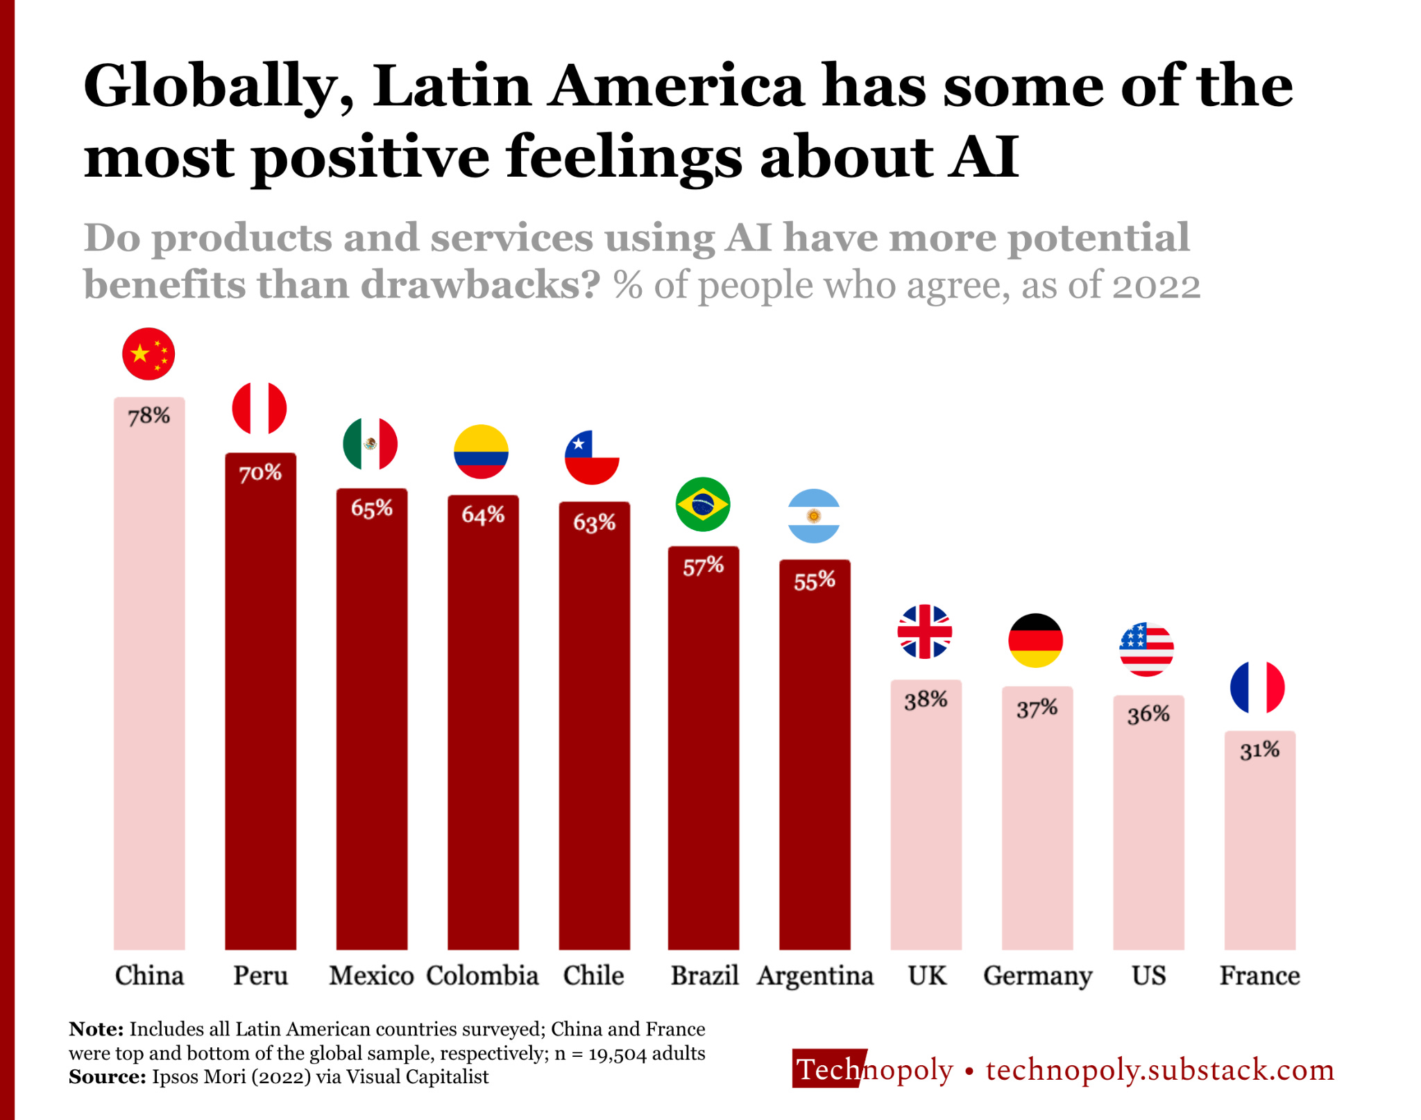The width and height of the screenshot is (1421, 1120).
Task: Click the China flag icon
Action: [x=148, y=354]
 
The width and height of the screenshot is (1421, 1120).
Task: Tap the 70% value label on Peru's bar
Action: [x=260, y=474]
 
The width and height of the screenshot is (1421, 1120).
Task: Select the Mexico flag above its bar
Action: [x=371, y=444]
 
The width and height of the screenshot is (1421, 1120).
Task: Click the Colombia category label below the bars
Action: [x=482, y=976]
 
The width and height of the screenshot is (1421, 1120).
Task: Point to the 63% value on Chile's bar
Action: [x=594, y=522]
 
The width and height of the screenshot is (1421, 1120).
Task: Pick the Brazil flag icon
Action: [x=703, y=504]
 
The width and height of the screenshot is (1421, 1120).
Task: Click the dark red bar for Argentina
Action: [x=815, y=763]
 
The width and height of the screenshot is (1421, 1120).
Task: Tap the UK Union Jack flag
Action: [x=925, y=632]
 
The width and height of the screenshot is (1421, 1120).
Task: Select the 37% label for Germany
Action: [x=1037, y=709]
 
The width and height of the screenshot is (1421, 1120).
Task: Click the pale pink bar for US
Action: [x=1148, y=832]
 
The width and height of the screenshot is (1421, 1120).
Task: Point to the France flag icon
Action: [x=1257, y=687]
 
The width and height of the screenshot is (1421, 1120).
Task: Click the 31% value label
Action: [x=1259, y=750]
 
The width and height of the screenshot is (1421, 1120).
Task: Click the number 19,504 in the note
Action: [x=617, y=1054]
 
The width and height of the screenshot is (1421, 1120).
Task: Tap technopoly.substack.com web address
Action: [x=1159, y=1070]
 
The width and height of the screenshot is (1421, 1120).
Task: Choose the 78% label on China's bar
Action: [x=149, y=416]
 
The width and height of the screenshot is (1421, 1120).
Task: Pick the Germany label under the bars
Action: [x=1037, y=976]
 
